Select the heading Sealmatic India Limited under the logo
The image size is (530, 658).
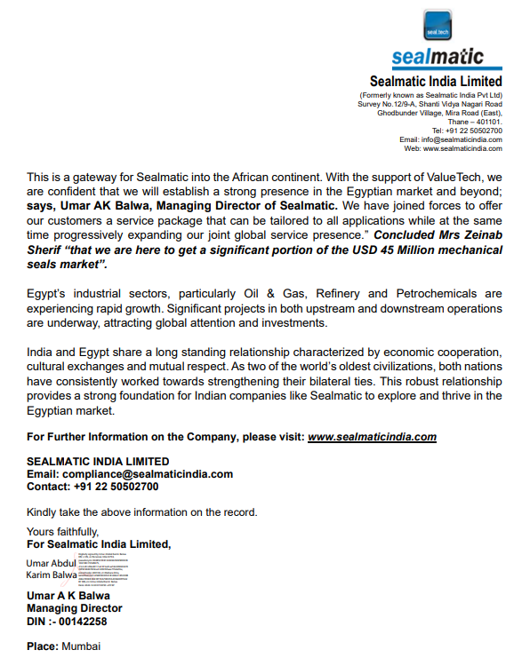pyautogui.click(x=436, y=81)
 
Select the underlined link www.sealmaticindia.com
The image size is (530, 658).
pyautogui.click(x=372, y=437)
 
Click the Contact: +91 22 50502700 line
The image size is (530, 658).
pyautogui.click(x=92, y=487)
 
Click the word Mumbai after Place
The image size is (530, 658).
pyautogui.click(x=81, y=646)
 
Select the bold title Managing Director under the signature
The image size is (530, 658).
pyautogui.click(x=74, y=608)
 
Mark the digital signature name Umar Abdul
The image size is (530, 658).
pyautogui.click(x=52, y=563)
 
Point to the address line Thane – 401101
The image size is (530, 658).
pyautogui.click(x=474, y=122)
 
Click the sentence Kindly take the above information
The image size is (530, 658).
pyautogui.click(x=142, y=512)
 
